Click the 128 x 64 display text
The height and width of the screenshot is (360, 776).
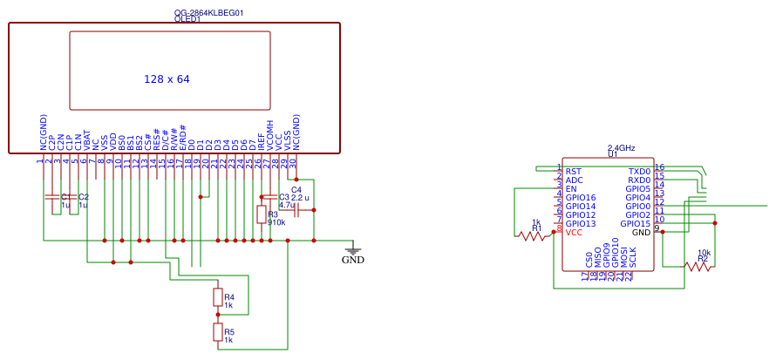[x=167, y=79]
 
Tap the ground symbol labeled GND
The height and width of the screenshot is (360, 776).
[x=352, y=252]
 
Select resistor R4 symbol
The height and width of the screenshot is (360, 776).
[x=217, y=297]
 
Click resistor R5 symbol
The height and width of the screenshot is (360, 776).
[x=217, y=332]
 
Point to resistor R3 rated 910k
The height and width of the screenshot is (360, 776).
[x=261, y=214]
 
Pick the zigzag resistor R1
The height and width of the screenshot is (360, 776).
[x=532, y=235]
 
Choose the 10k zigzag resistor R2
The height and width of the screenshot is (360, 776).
[x=698, y=266]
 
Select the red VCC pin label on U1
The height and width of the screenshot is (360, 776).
[x=574, y=233]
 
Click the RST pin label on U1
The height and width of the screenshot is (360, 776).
[x=573, y=172]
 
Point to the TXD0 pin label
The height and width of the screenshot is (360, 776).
[x=639, y=172]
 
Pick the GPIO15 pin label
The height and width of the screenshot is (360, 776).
[x=635, y=224]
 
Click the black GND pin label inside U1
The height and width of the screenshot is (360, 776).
[x=641, y=233]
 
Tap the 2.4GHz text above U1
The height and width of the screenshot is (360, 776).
[x=621, y=148]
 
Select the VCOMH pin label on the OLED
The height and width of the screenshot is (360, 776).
[x=269, y=134]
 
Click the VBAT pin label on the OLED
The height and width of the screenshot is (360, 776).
[x=86, y=139]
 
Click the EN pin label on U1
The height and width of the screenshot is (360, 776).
[x=570, y=189]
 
